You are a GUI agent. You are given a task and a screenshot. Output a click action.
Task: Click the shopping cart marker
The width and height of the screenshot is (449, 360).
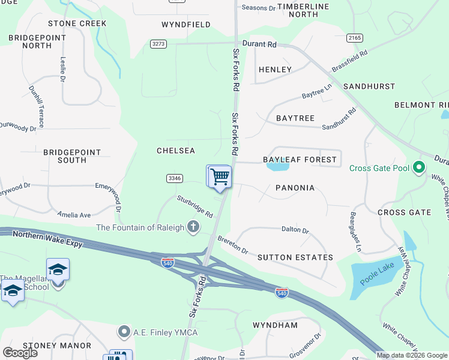(x=220, y=176)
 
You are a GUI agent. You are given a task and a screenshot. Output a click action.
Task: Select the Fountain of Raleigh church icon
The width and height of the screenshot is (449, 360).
(x=193, y=227)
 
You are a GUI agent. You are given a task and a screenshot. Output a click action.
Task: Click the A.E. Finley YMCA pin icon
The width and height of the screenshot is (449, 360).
(x=124, y=331)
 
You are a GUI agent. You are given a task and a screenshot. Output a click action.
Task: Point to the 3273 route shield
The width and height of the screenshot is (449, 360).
(x=158, y=44)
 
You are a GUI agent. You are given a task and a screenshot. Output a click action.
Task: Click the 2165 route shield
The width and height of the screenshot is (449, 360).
(x=355, y=38)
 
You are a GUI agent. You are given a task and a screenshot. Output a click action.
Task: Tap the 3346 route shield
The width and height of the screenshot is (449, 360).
(x=175, y=178)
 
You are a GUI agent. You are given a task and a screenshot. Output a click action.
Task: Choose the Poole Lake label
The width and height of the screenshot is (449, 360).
(x=375, y=274)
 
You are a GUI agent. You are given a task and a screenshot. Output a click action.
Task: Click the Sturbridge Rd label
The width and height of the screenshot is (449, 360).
(x=194, y=206)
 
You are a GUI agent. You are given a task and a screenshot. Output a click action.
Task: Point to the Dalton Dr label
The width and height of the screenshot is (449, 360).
(x=295, y=230)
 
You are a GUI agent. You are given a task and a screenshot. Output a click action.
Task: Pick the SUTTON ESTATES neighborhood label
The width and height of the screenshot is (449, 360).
(x=295, y=257)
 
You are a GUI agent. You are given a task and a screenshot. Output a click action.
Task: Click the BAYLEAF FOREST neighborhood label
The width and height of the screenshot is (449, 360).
(x=300, y=160)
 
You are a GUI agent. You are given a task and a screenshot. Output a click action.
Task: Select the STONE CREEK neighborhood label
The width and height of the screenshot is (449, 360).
(x=77, y=23)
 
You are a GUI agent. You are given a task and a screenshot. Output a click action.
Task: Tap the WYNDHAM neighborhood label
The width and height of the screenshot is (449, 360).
(x=275, y=325)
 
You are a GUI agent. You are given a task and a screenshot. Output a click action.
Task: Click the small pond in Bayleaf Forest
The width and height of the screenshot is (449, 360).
(x=277, y=167)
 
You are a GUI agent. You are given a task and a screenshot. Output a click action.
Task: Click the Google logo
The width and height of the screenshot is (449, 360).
(x=20, y=353)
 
